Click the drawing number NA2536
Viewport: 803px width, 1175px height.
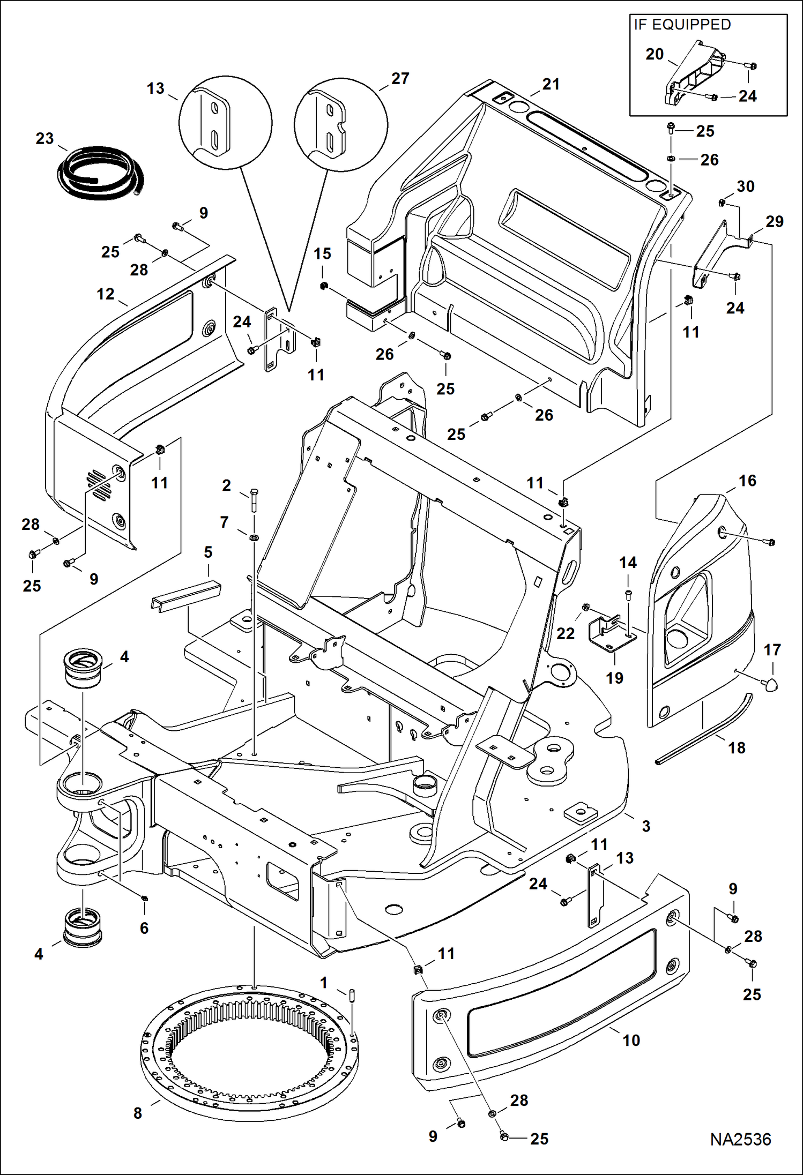point(740,1140)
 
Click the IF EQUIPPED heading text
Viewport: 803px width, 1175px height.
point(682,25)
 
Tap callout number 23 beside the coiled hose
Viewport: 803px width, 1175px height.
point(44,139)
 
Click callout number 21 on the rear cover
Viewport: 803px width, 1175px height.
point(551,84)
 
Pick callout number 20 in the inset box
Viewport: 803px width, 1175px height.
point(655,54)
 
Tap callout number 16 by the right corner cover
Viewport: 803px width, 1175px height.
point(747,481)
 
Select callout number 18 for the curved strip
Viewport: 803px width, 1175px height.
point(737,747)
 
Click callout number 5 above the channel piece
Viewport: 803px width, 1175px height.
point(208,552)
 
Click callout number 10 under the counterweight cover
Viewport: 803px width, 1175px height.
point(631,1040)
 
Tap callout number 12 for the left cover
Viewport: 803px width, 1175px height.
point(106,294)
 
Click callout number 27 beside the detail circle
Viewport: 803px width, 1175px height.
point(400,79)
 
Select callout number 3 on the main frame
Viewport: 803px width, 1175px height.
point(646,826)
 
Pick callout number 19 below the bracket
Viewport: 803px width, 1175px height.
point(614,678)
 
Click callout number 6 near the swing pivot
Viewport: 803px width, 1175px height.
point(144,928)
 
